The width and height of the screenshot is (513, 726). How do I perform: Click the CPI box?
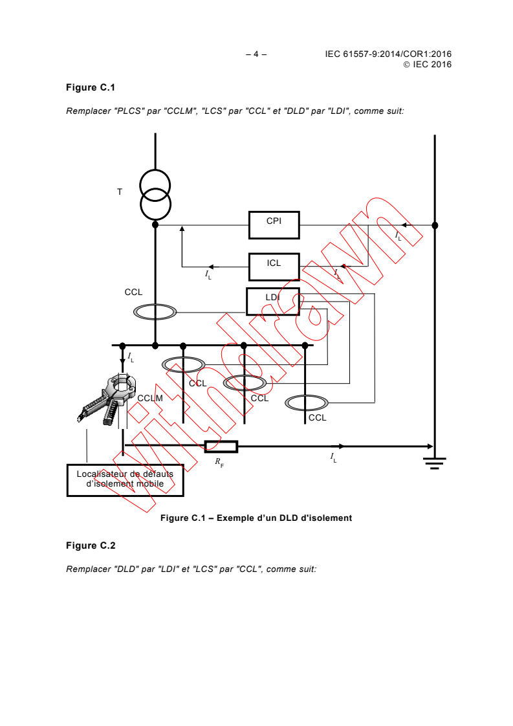274,225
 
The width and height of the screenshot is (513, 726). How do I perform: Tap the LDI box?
272,301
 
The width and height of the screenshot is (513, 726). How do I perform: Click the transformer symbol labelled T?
155,193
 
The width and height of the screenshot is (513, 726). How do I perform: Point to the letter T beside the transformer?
119,192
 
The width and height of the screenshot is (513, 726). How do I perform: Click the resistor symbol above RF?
221,446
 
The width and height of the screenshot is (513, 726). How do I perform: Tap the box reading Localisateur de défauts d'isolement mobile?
125,479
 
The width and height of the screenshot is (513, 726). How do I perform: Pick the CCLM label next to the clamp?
149,398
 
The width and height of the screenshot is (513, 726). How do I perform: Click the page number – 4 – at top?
256,55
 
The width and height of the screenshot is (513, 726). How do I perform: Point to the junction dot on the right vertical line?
435,225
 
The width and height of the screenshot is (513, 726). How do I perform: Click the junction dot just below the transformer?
155,225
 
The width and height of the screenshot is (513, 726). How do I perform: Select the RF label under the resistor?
219,463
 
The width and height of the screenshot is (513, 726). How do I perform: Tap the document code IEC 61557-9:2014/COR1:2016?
388,55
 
